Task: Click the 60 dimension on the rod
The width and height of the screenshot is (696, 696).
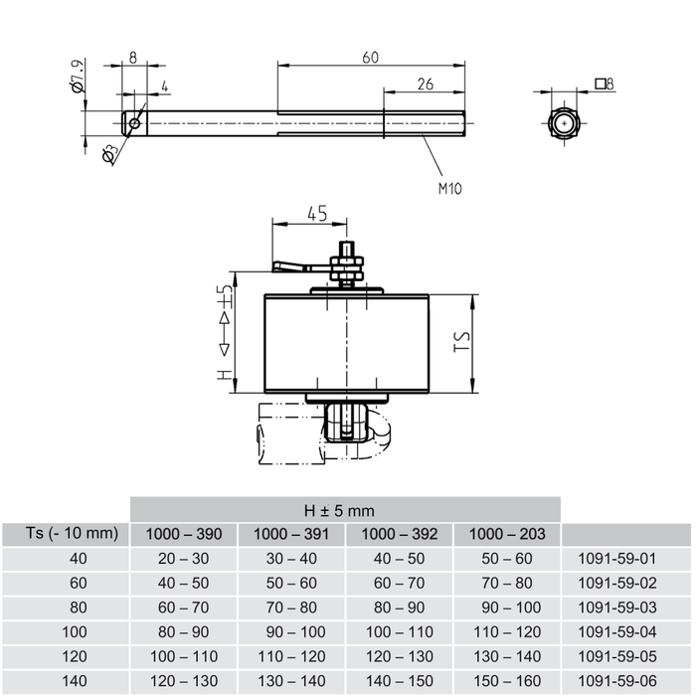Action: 370,58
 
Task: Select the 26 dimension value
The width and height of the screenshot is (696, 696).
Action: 425,85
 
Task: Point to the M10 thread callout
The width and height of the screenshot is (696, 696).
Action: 449,186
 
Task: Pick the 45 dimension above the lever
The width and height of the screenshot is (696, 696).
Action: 316,214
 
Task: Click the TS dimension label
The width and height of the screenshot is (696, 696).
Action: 461,343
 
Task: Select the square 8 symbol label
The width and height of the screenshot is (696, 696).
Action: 604,85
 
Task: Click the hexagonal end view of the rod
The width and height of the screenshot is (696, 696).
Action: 565,124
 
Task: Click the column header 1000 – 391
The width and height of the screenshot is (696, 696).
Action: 291,534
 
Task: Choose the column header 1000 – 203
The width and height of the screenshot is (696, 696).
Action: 507,534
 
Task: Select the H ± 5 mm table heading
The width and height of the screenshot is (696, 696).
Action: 346,510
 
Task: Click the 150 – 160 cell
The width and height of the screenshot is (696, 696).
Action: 507,680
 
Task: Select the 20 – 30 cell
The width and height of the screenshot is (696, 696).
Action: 184,559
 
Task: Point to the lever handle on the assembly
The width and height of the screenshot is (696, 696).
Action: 289,265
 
